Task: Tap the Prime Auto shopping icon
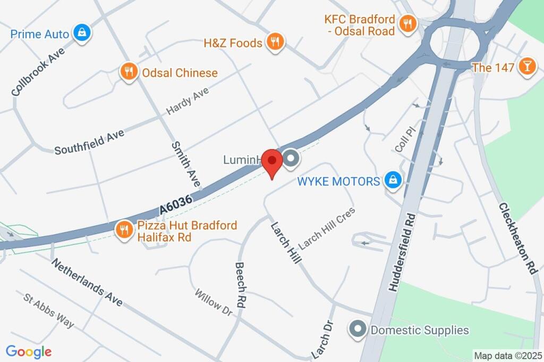tap(82, 33)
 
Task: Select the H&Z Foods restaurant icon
tap(275, 42)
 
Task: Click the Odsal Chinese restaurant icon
tap(128, 71)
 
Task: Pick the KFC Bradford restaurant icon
tap(407, 24)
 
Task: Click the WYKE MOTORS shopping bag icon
tap(393, 180)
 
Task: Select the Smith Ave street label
tap(185, 164)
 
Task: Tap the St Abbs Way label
tap(49, 310)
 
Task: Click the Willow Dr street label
tap(213, 302)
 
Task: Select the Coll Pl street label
tap(404, 138)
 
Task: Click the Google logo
tap(29, 351)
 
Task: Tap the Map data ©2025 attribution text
tap(507, 356)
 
